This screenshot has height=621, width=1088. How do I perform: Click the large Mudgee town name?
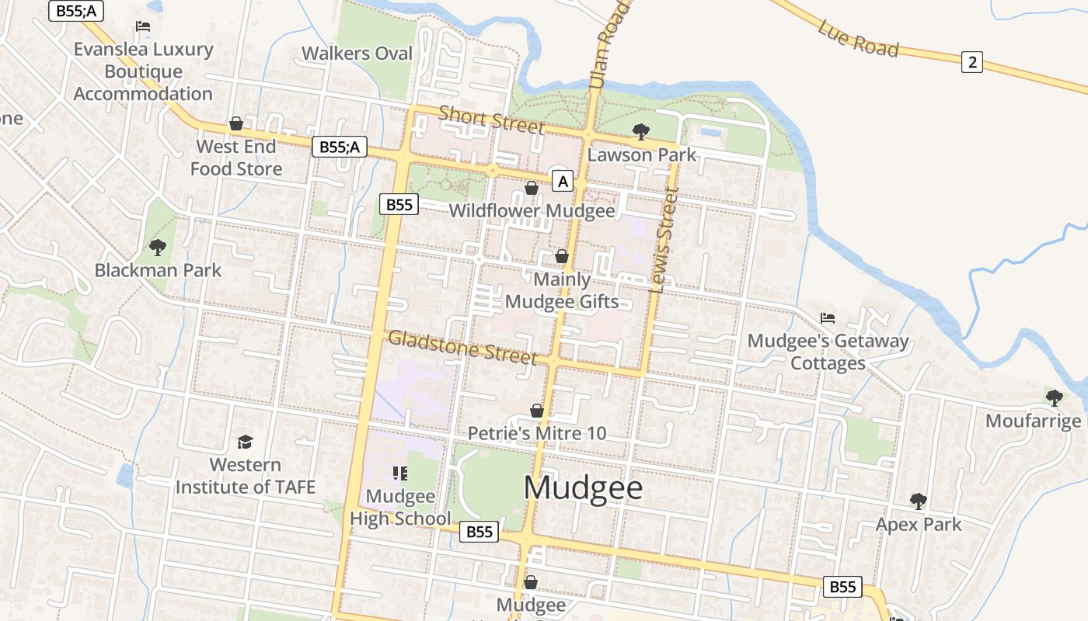point(583,488)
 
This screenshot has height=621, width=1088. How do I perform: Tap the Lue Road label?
point(858,38)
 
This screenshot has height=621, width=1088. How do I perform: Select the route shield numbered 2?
point(971,61)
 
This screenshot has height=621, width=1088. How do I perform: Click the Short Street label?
point(491,119)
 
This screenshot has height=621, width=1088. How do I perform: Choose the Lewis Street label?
point(663,239)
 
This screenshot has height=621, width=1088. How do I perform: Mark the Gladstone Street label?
point(462,346)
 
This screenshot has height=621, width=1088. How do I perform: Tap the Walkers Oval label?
point(357,54)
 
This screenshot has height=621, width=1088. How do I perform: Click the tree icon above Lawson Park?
point(641,131)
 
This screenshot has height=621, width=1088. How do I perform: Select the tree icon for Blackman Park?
point(158,248)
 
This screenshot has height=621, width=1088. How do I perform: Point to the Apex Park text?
point(919,525)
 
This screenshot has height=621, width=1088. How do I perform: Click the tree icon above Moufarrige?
point(1054,397)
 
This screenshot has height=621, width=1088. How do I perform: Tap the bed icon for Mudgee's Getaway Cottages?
point(828,318)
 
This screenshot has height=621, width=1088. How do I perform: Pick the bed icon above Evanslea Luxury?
point(143,26)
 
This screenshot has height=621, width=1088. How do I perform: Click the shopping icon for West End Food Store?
point(236,123)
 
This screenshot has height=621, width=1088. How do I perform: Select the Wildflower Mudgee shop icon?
point(532,188)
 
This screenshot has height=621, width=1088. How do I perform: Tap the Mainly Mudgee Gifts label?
point(562,290)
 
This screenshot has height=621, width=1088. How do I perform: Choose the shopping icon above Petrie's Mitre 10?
point(536,410)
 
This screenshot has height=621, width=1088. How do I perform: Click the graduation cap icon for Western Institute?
point(246,442)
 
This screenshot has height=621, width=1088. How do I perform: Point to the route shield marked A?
point(563,182)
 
